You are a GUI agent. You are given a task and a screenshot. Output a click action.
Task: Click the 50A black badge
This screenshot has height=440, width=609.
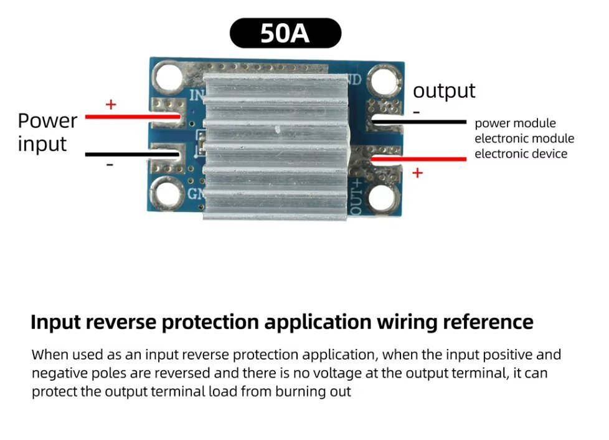[285, 33]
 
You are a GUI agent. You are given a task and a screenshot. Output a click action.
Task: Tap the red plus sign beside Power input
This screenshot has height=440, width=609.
[111, 104]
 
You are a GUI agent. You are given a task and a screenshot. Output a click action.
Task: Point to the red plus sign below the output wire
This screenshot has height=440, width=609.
[418, 173]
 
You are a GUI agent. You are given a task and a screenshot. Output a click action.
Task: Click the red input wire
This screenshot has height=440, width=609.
[133, 117]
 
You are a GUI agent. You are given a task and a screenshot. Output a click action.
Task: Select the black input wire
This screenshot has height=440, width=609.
[132, 155]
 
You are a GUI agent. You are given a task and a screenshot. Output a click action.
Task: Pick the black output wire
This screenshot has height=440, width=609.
[418, 122]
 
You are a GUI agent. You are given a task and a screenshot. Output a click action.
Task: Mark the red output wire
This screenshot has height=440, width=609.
[418, 158]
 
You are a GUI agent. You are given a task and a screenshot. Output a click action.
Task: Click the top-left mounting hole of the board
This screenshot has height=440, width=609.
[168, 77]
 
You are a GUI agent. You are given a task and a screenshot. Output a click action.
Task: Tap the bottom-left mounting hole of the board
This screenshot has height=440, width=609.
[168, 193]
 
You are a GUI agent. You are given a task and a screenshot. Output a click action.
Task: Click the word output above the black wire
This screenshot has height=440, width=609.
[444, 92]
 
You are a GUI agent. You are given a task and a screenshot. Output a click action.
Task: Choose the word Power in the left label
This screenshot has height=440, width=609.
[47, 121]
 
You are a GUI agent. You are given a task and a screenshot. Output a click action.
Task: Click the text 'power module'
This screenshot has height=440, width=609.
[515, 123]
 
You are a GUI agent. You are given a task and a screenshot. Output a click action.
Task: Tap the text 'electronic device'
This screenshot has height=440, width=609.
[521, 154]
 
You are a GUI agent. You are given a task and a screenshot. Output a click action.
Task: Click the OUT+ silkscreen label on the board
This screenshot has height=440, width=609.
[356, 197]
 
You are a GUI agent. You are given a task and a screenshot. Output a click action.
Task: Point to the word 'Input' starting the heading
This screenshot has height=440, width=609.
[55, 323]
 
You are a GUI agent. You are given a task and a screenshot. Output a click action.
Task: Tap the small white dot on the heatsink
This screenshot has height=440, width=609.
[277, 129]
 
